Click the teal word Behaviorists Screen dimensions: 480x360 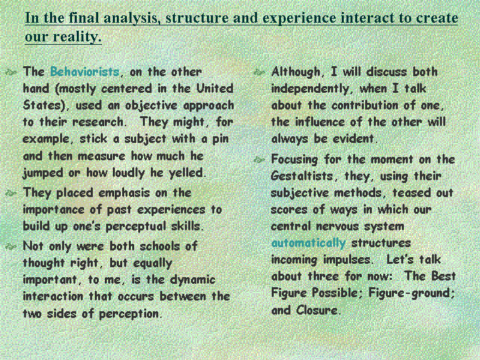[x=85, y=71]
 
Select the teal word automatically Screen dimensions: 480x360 [x=308, y=243]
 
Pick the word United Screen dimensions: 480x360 [x=215, y=89]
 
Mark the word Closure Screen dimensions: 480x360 [x=317, y=311]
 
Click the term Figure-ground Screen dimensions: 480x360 [x=411, y=293]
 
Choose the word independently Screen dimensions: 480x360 [x=310, y=89]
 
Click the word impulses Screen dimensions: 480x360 [x=347, y=260]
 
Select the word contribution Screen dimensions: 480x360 [x=365, y=106]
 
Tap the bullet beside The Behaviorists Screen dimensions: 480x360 [x=11, y=72]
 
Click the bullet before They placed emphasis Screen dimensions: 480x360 [x=11, y=193]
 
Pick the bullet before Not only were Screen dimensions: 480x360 [x=11, y=246]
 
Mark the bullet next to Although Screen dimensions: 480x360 [x=259, y=72]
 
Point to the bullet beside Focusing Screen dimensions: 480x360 [x=259, y=160]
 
